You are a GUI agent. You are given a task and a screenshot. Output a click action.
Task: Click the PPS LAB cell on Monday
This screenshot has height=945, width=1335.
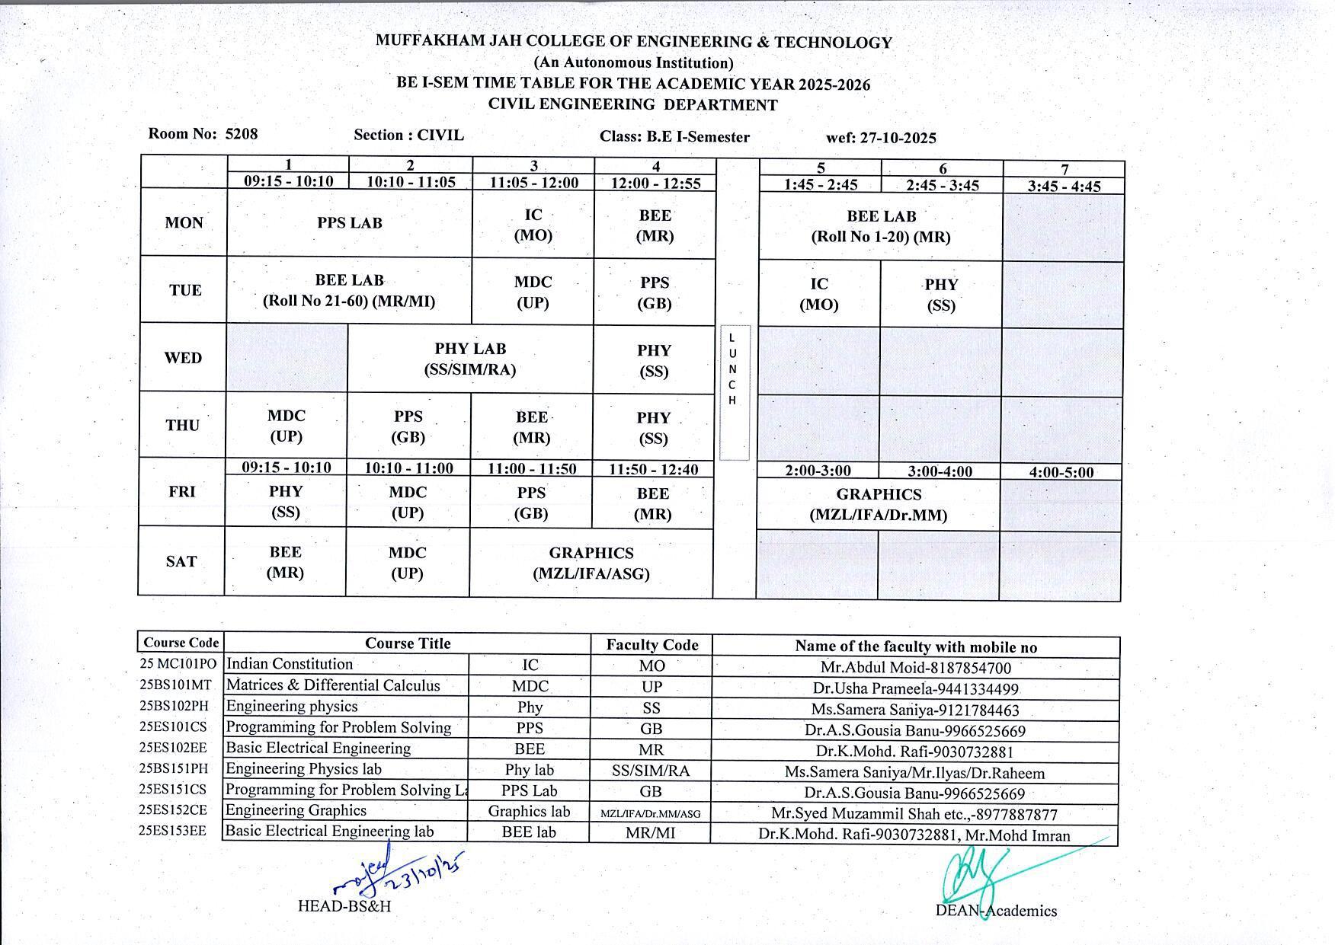point(349,223)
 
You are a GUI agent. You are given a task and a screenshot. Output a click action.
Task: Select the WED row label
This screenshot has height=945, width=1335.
point(183,358)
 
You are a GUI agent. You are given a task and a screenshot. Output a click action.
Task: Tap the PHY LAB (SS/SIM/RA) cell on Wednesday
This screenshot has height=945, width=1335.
point(470,359)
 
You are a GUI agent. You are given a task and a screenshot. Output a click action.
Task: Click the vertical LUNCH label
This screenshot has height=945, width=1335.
point(733,369)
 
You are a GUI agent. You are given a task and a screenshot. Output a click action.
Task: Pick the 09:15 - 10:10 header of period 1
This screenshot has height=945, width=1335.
point(288,181)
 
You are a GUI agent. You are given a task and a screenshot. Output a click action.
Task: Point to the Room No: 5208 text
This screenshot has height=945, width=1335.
point(203,134)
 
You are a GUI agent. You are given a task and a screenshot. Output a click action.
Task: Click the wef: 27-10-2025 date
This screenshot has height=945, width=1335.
point(881,138)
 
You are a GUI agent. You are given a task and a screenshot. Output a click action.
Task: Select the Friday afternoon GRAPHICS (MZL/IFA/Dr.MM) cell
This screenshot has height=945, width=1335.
point(878,505)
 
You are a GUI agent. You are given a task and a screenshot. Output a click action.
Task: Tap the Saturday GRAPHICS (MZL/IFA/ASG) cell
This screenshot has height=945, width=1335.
point(591,563)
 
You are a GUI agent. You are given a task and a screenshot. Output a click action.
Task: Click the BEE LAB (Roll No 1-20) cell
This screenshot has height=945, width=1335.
point(881,226)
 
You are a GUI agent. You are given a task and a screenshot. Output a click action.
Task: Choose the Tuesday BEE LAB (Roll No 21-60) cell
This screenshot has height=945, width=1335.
point(349,291)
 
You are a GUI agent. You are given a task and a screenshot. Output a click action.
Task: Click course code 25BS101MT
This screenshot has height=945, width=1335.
point(174,685)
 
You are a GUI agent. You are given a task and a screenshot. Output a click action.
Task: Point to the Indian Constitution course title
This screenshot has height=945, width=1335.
point(290,664)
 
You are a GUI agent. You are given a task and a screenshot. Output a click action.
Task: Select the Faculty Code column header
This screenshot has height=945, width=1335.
point(651,645)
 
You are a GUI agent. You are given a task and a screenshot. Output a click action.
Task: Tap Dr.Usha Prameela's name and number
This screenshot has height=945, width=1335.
point(915,689)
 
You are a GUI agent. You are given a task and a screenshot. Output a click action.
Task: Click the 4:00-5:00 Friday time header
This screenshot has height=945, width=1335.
point(1061,472)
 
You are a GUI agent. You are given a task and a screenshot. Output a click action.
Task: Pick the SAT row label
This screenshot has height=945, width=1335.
point(181,562)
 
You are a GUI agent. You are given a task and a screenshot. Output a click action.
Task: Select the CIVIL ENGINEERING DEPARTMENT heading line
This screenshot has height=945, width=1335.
point(632,105)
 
